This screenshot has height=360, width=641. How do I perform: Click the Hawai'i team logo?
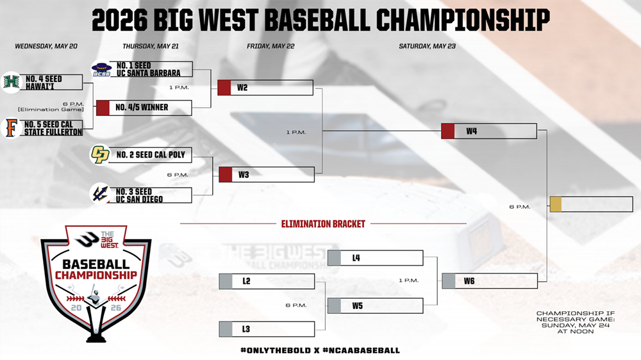(11, 82)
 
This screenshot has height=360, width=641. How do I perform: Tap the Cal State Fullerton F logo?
(12, 128)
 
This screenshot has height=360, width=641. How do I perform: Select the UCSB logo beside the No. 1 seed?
(101, 69)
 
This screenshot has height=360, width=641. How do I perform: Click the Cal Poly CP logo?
(100, 154)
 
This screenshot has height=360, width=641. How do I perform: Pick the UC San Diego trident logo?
(100, 193)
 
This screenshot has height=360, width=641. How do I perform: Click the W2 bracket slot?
(265, 88)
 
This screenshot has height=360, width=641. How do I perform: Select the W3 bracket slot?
(267, 174)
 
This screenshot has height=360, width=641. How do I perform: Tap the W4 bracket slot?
(489, 131)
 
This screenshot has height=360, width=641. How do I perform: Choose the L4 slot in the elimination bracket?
(375, 258)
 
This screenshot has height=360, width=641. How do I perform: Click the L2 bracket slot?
(267, 281)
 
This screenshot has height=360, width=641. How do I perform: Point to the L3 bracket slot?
(267, 329)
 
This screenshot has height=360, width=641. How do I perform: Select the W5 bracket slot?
(375, 306)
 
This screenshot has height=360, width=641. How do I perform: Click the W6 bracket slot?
(490, 281)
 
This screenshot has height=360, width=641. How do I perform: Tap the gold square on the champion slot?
(556, 204)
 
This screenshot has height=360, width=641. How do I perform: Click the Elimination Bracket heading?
(323, 224)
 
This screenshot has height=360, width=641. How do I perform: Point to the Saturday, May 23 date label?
(427, 46)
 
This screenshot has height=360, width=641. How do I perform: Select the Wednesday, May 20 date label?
(46, 46)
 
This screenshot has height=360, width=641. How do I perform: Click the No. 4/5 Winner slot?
(144, 108)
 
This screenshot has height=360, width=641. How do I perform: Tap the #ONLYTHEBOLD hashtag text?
(276, 350)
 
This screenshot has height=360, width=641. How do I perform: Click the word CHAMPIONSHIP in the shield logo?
(96, 275)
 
